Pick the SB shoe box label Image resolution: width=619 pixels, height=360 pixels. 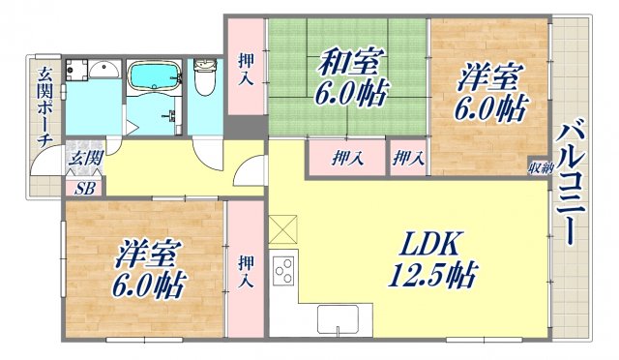coord(85,187)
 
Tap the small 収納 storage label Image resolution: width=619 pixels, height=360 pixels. coord(540,167)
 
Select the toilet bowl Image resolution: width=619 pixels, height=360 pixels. coord(205,78)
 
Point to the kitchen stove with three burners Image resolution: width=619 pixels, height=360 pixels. coord(284,270)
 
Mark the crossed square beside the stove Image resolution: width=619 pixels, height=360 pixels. coord(284,229)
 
